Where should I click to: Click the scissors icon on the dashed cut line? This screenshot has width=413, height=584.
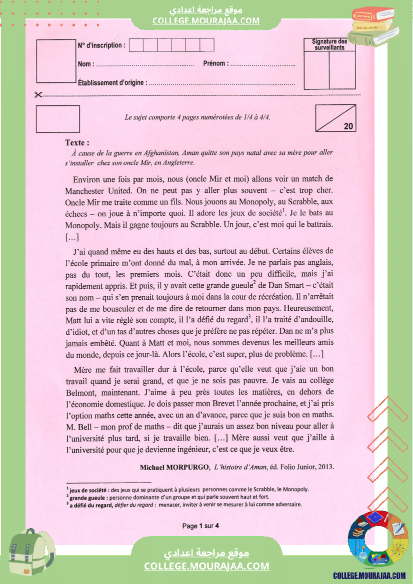coord(38,95)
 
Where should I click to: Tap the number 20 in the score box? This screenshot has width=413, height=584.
coord(348,126)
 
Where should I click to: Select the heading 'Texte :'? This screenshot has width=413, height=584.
coord(77,143)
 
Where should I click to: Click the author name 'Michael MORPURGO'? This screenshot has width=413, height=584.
coord(174,468)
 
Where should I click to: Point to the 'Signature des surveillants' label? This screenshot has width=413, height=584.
coord(329,44)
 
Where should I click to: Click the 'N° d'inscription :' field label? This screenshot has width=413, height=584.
coord(101,45)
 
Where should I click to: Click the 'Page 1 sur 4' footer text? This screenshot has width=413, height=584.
coord(200,526)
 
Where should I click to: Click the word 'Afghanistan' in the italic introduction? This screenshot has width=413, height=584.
coord(159,153)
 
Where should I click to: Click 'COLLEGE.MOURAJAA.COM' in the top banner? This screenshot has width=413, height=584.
coord(206,20)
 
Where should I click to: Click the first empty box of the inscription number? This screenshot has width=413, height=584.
coord(136,45)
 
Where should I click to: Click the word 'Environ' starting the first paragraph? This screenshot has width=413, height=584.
coord(87,179)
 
